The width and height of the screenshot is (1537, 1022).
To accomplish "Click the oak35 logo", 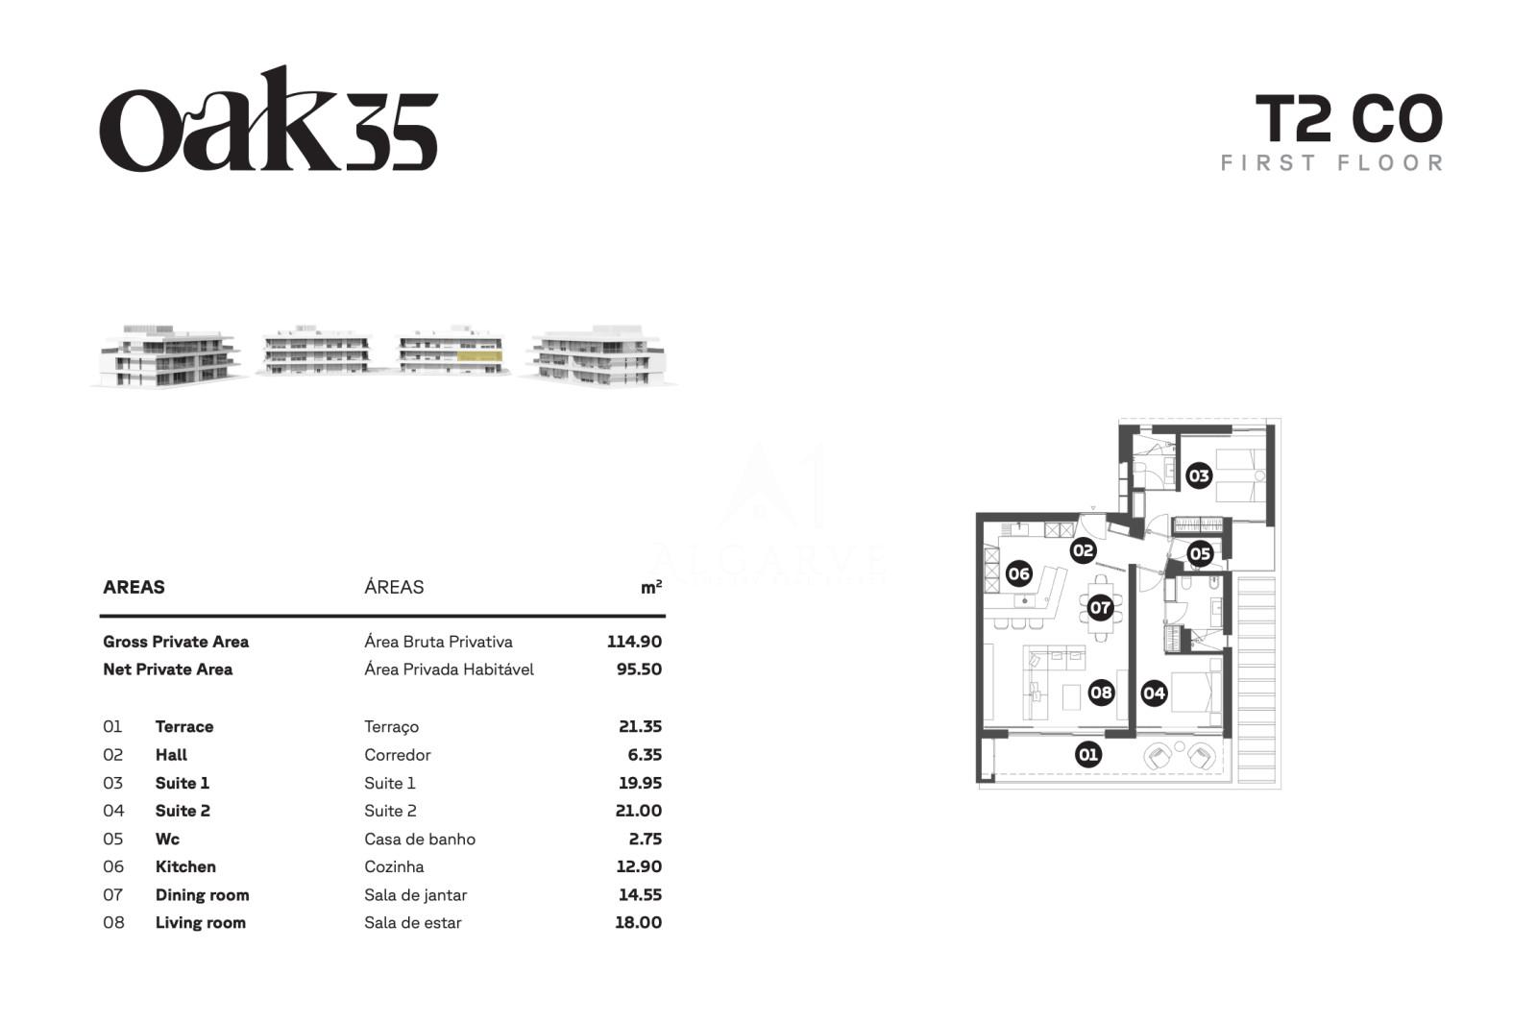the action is pyautogui.click(x=268, y=119).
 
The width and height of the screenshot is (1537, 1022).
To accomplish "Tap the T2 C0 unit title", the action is pyautogui.click(x=1349, y=119).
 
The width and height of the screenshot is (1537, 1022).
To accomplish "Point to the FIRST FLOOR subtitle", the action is pyautogui.click(x=1331, y=163).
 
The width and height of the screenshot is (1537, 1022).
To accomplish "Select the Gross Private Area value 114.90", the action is pyautogui.click(x=634, y=642).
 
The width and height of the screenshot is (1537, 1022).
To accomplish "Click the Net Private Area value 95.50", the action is pyautogui.click(x=639, y=669).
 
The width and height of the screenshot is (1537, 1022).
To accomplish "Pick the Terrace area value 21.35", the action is pyautogui.click(x=640, y=727).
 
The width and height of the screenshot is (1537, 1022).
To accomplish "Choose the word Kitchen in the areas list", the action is pyautogui.click(x=185, y=867).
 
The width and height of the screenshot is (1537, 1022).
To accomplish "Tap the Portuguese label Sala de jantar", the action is pyautogui.click(x=415, y=895).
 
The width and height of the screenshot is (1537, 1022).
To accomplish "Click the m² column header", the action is pyautogui.click(x=651, y=587).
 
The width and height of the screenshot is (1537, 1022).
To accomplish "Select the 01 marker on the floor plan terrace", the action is pyautogui.click(x=1088, y=755).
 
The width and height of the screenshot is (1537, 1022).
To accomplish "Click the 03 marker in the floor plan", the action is pyautogui.click(x=1199, y=476).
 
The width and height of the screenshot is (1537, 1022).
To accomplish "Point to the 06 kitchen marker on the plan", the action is pyautogui.click(x=1019, y=573).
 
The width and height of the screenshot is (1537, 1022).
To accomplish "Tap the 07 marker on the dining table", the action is pyautogui.click(x=1100, y=608).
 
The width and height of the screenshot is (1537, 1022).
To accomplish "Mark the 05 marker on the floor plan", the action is pyautogui.click(x=1200, y=553).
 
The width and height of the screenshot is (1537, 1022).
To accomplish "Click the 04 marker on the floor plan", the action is pyautogui.click(x=1154, y=693).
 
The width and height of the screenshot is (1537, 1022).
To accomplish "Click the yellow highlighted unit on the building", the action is pyautogui.click(x=479, y=356).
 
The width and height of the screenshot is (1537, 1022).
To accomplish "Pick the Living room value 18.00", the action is pyautogui.click(x=638, y=922).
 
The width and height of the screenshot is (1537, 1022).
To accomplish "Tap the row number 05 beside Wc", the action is pyautogui.click(x=113, y=839).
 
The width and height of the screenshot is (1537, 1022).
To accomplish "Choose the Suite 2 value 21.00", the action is pyautogui.click(x=638, y=811).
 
